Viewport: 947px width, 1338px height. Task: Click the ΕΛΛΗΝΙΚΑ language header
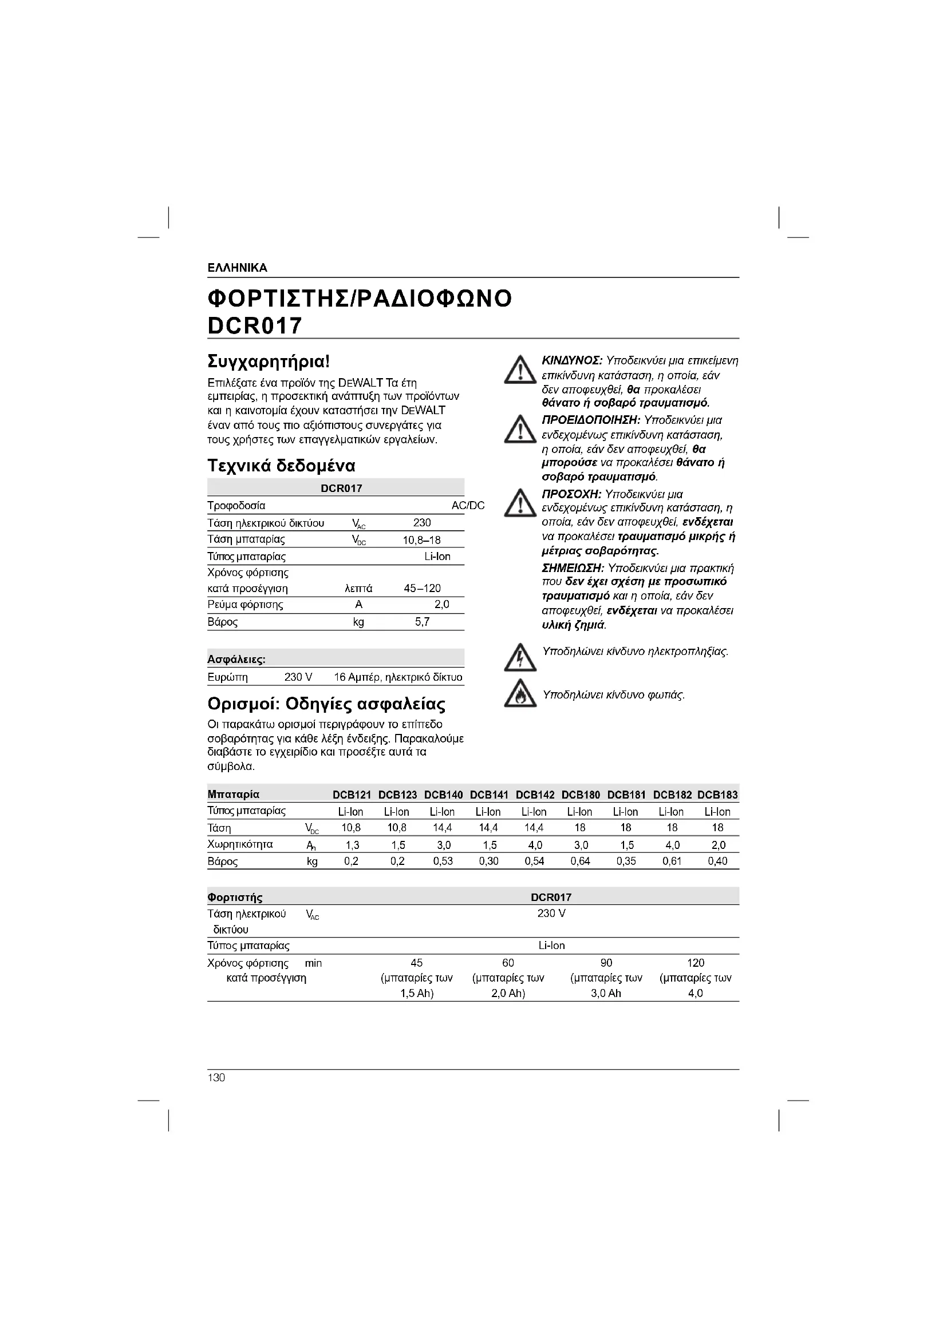click(x=238, y=268)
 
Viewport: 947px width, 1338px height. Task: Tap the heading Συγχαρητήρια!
click(x=269, y=362)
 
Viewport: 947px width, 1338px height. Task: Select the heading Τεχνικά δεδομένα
click(x=281, y=466)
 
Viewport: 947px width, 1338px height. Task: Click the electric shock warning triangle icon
click(x=519, y=657)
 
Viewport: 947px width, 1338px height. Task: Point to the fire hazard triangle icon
click(x=519, y=693)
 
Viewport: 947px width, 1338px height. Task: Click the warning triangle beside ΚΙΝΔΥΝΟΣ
click(x=519, y=371)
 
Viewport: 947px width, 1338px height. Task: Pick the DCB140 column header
click(x=443, y=795)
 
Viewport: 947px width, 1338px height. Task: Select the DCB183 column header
click(x=717, y=795)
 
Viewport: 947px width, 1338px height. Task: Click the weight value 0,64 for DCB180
click(x=580, y=861)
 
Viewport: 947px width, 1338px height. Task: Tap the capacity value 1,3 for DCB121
click(x=352, y=845)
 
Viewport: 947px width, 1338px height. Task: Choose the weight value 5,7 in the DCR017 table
click(x=422, y=622)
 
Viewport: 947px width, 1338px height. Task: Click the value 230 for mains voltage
click(x=421, y=523)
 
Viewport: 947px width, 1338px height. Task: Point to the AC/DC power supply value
click(x=468, y=506)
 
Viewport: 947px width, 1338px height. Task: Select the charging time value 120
click(x=696, y=963)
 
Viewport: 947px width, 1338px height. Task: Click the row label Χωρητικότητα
click(x=240, y=844)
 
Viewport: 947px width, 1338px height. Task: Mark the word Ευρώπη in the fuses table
click(x=227, y=677)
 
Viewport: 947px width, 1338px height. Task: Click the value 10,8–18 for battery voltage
click(x=421, y=539)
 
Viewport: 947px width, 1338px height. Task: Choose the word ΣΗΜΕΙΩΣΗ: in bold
click(x=573, y=568)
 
